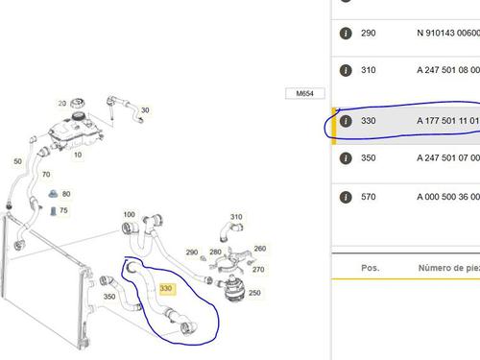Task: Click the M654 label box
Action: (305, 93)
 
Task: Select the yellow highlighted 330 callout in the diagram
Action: (166, 289)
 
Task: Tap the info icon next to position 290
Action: (346, 33)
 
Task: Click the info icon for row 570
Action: (346, 197)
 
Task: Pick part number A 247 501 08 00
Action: (448, 70)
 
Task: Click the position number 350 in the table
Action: (369, 157)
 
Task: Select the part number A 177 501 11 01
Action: (448, 121)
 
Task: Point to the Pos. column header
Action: (371, 268)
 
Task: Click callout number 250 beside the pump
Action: (254, 293)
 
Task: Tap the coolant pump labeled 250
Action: (233, 288)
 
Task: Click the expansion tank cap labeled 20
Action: (78, 104)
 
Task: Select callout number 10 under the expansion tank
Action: (78, 155)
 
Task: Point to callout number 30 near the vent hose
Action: (145, 110)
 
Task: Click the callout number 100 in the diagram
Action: (129, 214)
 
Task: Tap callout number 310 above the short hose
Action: (236, 217)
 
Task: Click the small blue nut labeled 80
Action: (53, 194)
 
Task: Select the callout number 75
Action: (63, 210)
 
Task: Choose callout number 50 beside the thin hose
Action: (18, 161)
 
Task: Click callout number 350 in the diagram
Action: (109, 297)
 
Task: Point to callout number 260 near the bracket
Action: (260, 249)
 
